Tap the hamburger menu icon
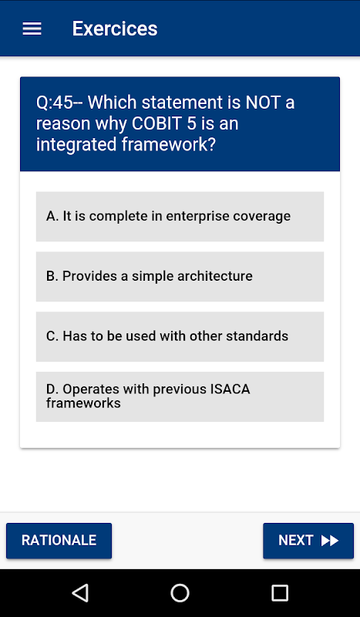pos(32,29)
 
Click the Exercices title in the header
pos(115,29)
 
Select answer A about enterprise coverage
pos(180,217)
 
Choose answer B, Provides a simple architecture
pos(180,276)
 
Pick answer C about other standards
pos(180,336)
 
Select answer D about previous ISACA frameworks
pos(180,396)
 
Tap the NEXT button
pos(308,541)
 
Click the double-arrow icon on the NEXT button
pos(330,541)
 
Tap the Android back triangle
pos(80,592)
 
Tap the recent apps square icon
pos(280,592)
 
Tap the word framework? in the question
pos(169,145)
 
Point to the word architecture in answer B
pos(215,276)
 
